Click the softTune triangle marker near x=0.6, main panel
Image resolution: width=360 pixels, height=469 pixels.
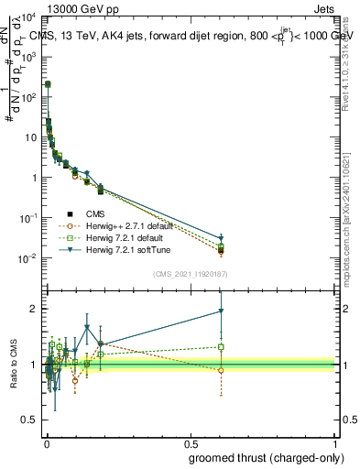(x=221, y=238)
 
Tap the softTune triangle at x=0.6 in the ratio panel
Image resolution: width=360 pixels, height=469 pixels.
(x=221, y=311)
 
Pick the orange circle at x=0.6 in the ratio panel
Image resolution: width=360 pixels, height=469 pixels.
(x=221, y=370)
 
